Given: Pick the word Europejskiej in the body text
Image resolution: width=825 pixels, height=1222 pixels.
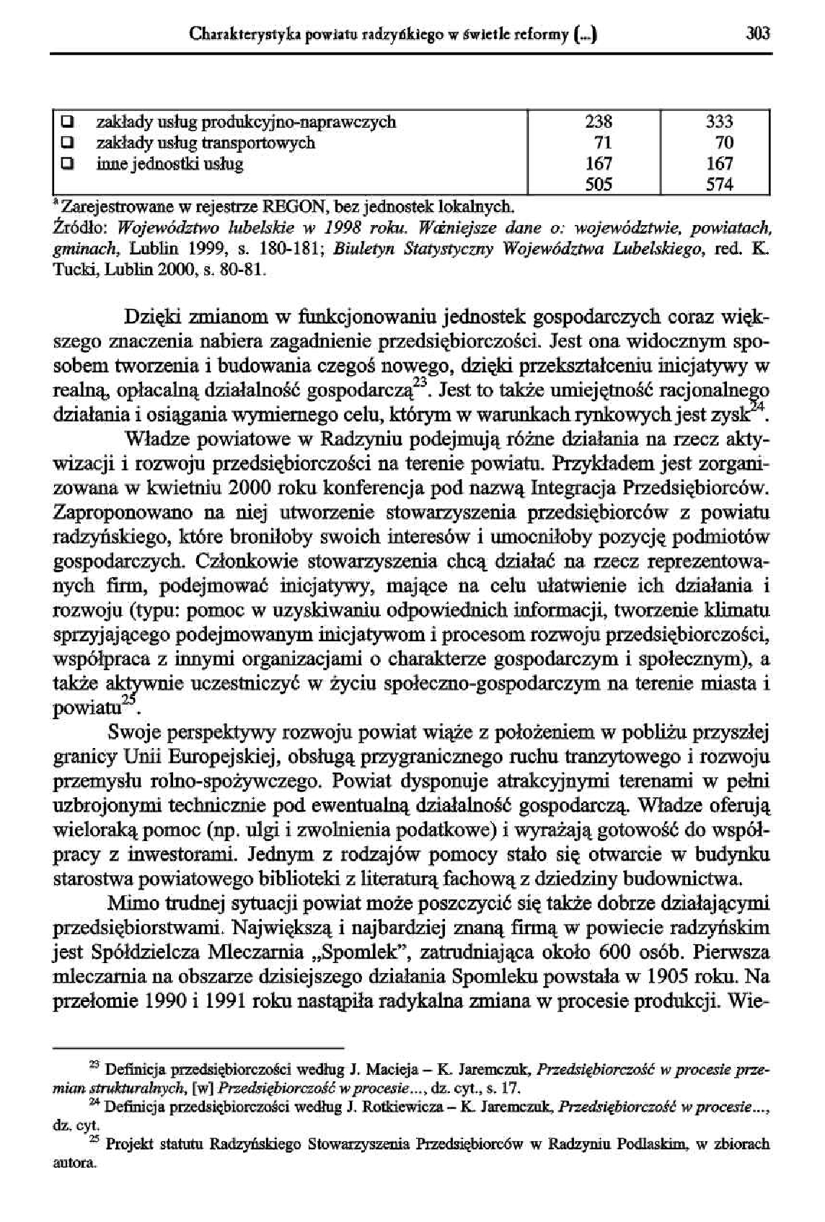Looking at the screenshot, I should [x=207, y=757].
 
